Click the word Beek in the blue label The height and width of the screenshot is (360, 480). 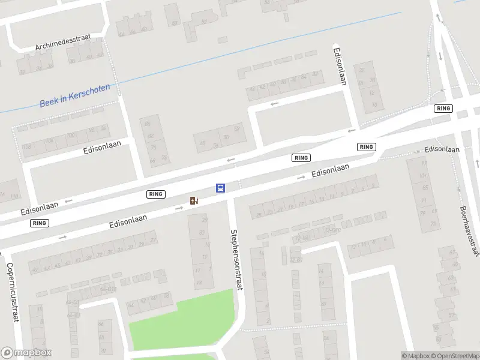coord(48,103)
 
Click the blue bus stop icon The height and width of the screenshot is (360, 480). coord(221,188)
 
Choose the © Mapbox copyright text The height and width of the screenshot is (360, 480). coord(415,356)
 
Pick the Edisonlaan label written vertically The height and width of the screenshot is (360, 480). coord(340,66)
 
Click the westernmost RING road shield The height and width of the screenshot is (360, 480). coord(40,223)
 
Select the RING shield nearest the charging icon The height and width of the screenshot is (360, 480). coord(155,194)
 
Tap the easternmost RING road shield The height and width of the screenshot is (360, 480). coord(443,109)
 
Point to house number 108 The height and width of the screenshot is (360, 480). coord(26,147)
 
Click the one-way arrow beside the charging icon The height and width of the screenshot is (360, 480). coord(179,208)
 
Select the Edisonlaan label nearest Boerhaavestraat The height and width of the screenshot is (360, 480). coord(442,149)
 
